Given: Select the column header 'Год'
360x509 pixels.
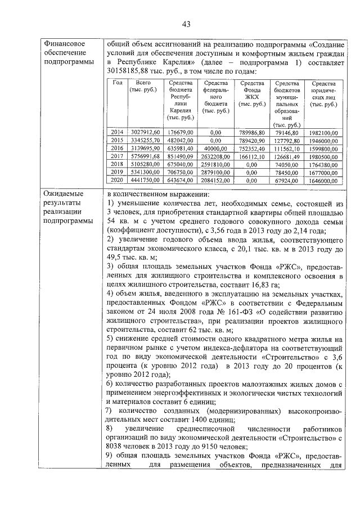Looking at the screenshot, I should (x=118, y=83).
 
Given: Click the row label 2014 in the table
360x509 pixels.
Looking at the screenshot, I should (x=118, y=132).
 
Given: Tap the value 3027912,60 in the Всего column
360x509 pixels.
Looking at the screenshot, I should (x=145, y=132).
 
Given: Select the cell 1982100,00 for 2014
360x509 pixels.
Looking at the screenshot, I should (x=323, y=132).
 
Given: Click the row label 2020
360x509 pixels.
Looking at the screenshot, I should (x=118, y=180).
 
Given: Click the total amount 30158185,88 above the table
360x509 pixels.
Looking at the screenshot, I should (x=131, y=71).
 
